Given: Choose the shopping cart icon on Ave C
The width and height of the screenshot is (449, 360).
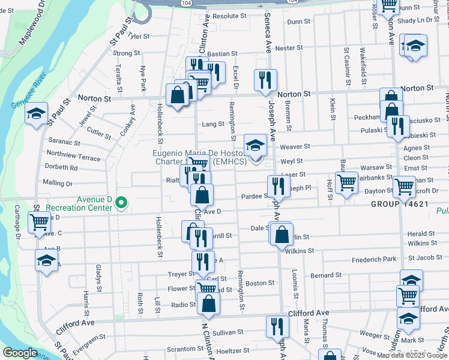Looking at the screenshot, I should click(39, 223).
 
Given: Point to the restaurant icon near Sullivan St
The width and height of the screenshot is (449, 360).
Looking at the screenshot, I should click(277, 326).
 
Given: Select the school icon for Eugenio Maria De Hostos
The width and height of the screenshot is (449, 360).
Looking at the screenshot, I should click(255, 145).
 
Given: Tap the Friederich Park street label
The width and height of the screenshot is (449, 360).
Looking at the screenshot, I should click(374, 259).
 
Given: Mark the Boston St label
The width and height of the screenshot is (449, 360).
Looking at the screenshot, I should click(260, 283).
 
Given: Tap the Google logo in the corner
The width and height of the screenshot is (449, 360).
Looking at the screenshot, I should click(20, 353).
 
